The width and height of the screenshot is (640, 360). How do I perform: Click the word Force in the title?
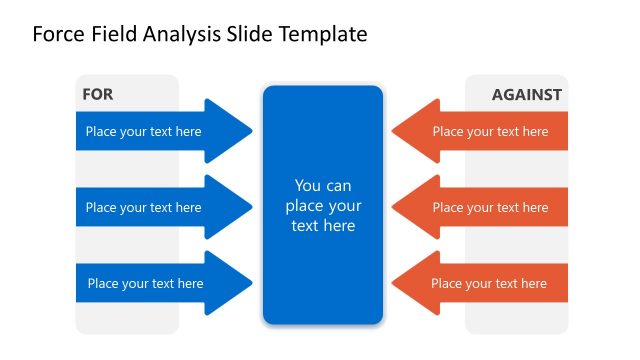pyautogui.click(x=58, y=35)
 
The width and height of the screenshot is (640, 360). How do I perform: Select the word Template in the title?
pyautogui.click(x=320, y=35)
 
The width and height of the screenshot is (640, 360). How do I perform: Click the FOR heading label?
pyautogui.click(x=97, y=95)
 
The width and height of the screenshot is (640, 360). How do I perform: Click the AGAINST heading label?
pyautogui.click(x=526, y=95)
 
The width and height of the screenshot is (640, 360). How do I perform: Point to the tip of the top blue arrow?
pyautogui.click(x=251, y=131)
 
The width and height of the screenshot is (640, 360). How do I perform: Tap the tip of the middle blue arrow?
pyautogui.click(x=251, y=207)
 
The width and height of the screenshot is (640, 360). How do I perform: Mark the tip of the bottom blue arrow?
pyautogui.click(x=251, y=283)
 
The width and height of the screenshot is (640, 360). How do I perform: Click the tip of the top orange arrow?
pyautogui.click(x=393, y=131)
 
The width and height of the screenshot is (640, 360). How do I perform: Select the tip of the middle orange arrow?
pyautogui.click(x=393, y=207)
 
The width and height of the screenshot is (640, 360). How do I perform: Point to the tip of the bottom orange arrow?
pyautogui.click(x=393, y=283)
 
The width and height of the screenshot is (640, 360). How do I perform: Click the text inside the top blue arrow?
pyautogui.click(x=143, y=131)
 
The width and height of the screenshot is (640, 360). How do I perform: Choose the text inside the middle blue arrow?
pyautogui.click(x=143, y=208)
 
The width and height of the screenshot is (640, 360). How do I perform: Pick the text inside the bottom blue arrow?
pyautogui.click(x=145, y=284)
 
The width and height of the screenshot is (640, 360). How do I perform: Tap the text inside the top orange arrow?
pyautogui.click(x=490, y=131)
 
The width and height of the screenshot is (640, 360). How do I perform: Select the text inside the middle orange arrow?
pyautogui.click(x=490, y=208)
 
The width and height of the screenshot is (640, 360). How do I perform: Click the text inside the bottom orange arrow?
pyautogui.click(x=489, y=284)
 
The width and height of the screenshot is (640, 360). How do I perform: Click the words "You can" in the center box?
pyautogui.click(x=323, y=186)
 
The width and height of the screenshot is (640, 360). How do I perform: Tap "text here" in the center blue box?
pyautogui.click(x=323, y=226)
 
